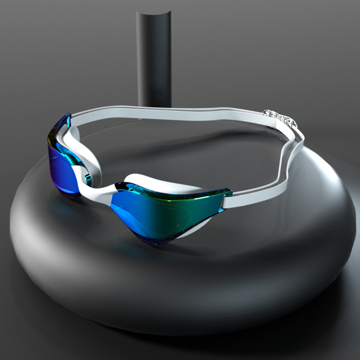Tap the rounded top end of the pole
coord(154,16)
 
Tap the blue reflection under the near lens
coord(135,252)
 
